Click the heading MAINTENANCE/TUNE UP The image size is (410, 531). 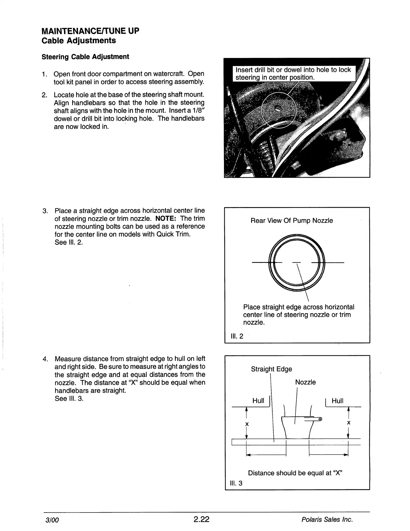90,31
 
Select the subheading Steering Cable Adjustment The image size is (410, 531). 85,57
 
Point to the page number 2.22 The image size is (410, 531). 201,520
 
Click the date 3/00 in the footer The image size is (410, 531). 52,520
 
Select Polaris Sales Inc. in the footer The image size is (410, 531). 327,520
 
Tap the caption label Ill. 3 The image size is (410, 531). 236,483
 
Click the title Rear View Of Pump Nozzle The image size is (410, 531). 292,221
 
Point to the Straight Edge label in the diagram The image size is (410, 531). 271,369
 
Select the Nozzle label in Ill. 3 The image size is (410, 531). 305,382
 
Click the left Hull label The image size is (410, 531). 258,401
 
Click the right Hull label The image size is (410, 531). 337,401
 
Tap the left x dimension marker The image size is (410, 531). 247,424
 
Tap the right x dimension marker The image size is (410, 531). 349,423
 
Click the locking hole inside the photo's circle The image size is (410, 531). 278,108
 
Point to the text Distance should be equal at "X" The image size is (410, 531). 295,473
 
